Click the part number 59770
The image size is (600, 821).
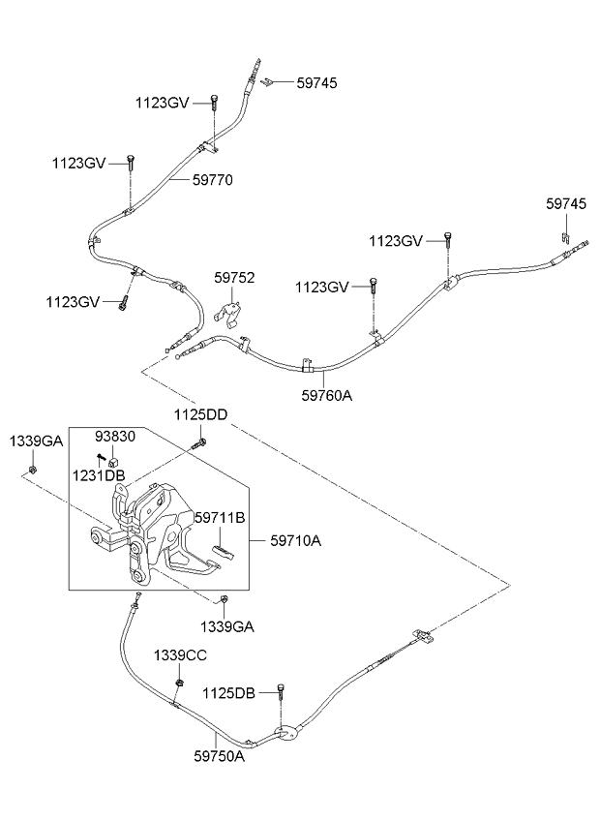pos(213,180)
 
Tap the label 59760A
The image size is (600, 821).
pos(327,395)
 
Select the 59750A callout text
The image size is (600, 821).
pos(219,756)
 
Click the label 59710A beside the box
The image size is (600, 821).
pos(296,540)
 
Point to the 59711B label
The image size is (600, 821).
pos(220,518)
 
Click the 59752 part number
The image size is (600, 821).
pos(234,278)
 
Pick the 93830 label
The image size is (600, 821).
pos(114,436)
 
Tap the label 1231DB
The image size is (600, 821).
pos(99,475)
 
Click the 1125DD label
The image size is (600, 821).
pos(200,415)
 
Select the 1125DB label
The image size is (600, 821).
pos(228,693)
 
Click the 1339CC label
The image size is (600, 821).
pos(180,655)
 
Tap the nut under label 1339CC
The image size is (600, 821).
pos(180,683)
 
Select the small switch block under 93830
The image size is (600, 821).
pos(113,462)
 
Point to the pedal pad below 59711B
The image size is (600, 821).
pos(223,551)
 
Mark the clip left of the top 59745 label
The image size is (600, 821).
pos(268,81)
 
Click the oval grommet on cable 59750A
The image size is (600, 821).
pos(286,734)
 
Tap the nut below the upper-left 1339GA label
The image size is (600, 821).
pos(33,470)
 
